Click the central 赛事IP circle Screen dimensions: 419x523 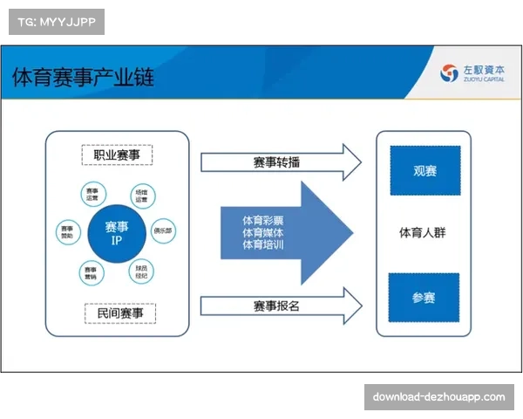[116, 233]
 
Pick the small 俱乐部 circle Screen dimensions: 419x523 [163, 231]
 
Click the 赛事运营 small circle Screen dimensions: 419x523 [92, 194]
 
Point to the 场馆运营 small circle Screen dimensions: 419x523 [141, 194]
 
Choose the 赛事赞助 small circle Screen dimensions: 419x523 [67, 232]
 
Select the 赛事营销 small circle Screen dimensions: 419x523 [91, 272]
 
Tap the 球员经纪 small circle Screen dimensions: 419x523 [141, 271]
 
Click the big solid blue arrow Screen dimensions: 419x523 [283, 233]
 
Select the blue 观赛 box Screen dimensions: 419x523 [425, 170]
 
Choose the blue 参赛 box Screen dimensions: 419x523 [425, 297]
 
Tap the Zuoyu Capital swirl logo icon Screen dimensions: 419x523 [449, 73]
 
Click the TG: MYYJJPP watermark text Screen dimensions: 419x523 [57, 21]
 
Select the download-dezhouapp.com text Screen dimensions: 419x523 [438, 397]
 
